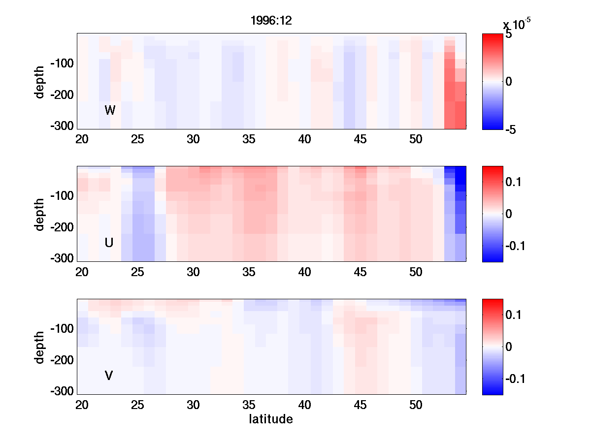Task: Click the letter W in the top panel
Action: (x=110, y=110)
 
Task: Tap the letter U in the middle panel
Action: (x=109, y=243)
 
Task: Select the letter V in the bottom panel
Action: (x=109, y=376)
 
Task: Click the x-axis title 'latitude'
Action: (x=271, y=419)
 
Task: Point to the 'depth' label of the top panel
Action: (x=40, y=81)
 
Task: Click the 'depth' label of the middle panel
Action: (x=40, y=214)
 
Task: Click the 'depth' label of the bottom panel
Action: (x=40, y=347)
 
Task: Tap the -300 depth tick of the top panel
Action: (x=62, y=126)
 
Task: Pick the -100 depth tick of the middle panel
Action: (x=62, y=196)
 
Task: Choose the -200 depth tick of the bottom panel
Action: (x=62, y=360)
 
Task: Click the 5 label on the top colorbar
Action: (x=508, y=35)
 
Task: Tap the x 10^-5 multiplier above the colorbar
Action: (x=517, y=24)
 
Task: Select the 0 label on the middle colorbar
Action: (x=509, y=214)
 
